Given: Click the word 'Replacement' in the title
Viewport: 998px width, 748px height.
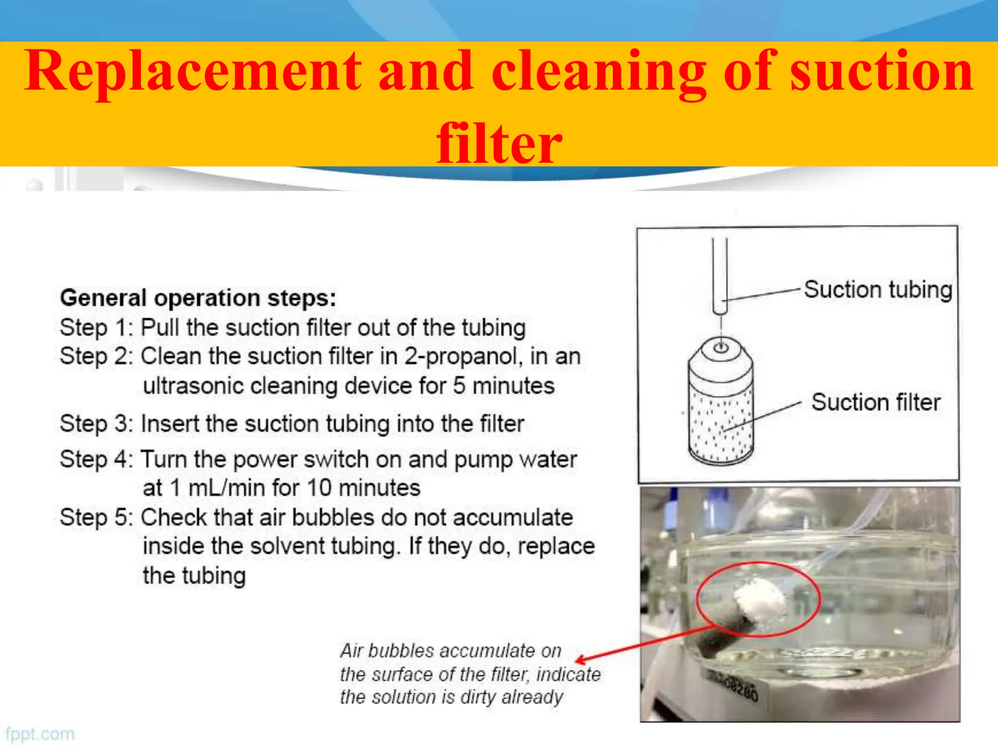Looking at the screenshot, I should tap(193, 72).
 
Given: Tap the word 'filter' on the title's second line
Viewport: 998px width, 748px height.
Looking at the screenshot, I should tap(499, 143).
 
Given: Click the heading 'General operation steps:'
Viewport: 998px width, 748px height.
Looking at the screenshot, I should tap(198, 298).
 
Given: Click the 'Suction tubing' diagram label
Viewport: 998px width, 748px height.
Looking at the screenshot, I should tap(878, 290).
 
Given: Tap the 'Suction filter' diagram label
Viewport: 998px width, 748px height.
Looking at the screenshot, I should tap(876, 403).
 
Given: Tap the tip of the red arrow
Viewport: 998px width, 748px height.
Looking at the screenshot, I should tap(577, 661).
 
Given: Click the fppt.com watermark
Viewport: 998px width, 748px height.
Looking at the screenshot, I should tap(40, 734).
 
